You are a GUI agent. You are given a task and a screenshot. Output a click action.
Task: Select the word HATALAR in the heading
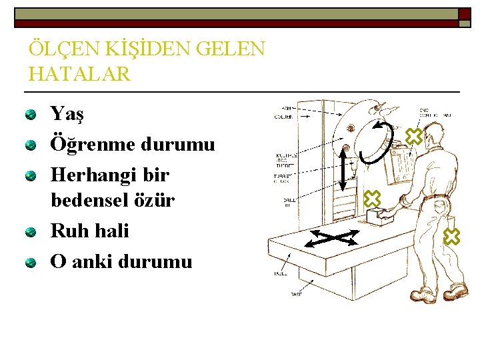[80, 74]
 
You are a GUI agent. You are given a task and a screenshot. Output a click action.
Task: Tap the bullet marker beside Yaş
[31, 115]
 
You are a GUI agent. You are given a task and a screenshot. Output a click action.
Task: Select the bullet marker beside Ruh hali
[31, 233]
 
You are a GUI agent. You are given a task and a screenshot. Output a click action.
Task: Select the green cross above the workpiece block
[371, 198]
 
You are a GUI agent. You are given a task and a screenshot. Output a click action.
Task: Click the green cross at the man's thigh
[452, 236]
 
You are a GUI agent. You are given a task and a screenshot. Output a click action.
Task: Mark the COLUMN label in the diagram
[283, 117]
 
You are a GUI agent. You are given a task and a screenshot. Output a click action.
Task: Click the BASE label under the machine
[295, 294]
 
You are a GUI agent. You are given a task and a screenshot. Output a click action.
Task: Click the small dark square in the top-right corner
[464, 13]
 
